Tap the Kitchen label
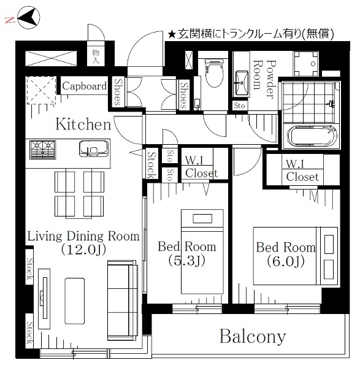point(83,125)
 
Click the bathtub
point(312,136)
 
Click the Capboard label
point(84,86)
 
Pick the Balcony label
point(253,336)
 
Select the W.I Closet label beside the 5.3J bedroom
point(201,167)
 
